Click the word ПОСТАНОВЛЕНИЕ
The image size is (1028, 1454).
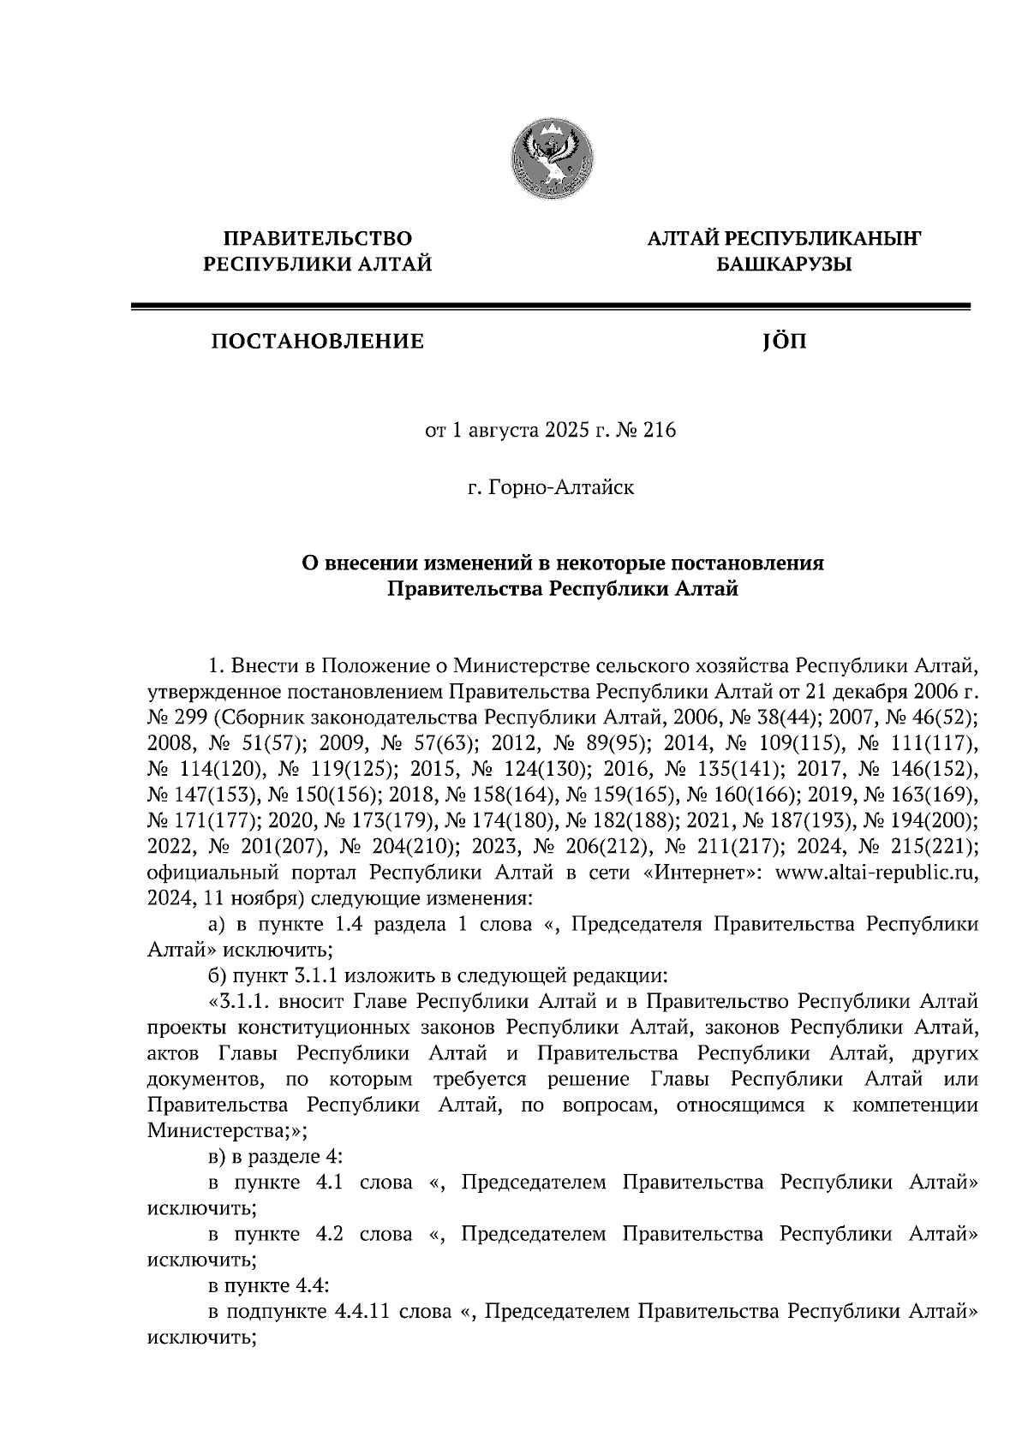(x=318, y=343)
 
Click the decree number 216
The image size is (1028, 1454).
(x=660, y=431)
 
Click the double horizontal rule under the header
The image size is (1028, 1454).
(x=549, y=304)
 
